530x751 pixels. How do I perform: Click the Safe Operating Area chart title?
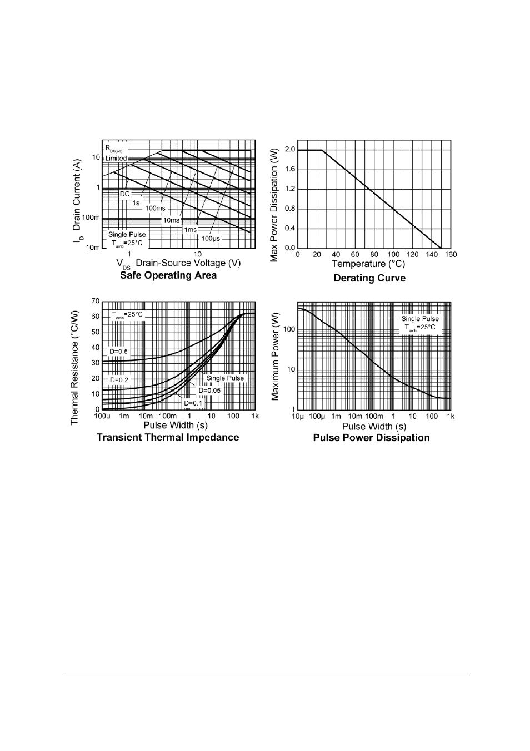click(168, 275)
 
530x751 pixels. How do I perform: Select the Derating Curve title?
click(369, 278)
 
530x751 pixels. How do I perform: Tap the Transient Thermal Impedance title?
click(168, 437)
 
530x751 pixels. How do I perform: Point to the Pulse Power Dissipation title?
click(371, 438)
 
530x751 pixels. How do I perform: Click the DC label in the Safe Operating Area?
click(125, 194)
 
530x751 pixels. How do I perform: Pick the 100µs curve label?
click(211, 238)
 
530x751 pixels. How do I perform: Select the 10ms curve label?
click(171, 220)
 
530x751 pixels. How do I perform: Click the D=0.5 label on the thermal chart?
click(118, 352)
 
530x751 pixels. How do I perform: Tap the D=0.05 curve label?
click(209, 391)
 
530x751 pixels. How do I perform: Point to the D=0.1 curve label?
click(193, 403)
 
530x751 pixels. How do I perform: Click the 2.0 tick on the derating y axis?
click(289, 149)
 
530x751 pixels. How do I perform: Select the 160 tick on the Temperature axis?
click(451, 255)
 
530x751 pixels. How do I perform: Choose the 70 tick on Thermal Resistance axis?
click(95, 302)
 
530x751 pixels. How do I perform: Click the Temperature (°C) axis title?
click(368, 264)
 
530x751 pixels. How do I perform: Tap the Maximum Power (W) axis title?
click(275, 356)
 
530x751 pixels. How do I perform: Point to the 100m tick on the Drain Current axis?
click(92, 218)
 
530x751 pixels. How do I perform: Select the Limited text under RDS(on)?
click(116, 159)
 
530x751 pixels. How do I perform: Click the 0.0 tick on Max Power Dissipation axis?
click(289, 248)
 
